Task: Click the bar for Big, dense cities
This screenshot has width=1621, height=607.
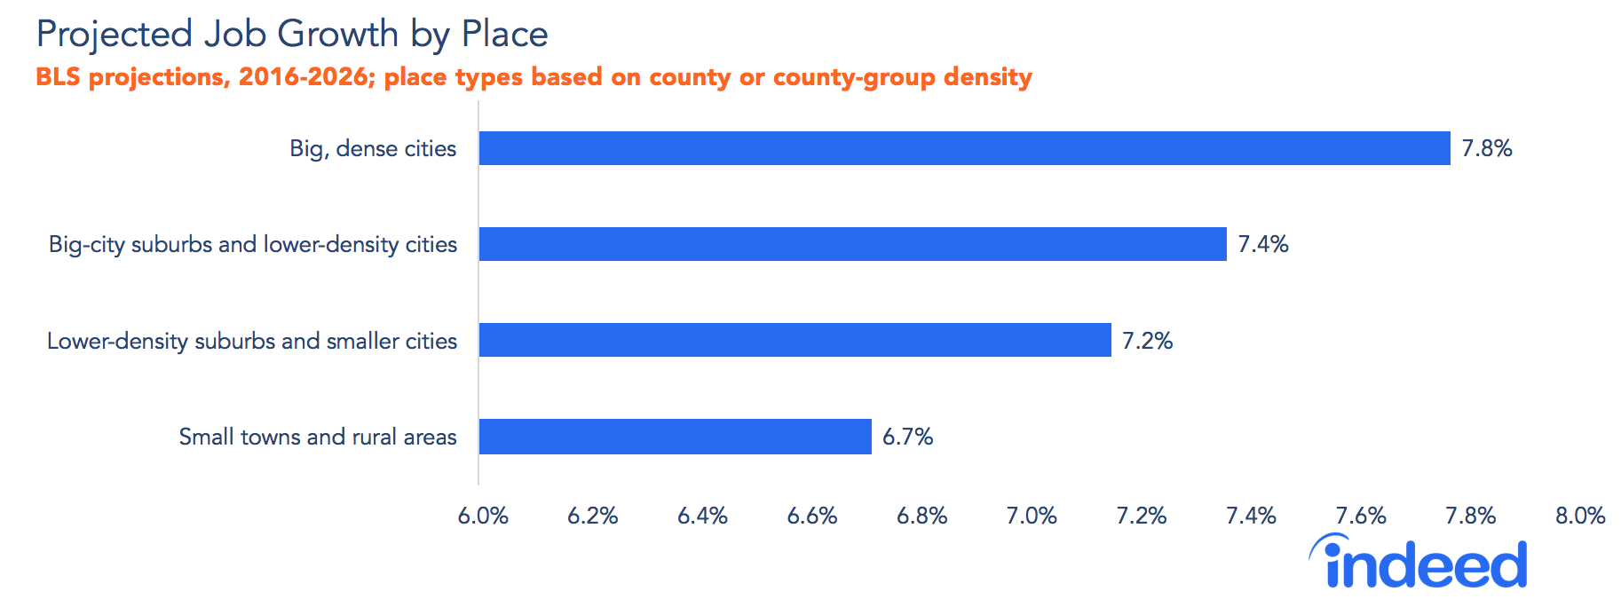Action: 964,148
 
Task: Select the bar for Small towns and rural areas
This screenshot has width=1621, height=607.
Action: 675,437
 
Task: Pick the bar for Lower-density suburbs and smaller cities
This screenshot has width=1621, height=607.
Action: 795,340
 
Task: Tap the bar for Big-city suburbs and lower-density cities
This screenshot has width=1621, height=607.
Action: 852,244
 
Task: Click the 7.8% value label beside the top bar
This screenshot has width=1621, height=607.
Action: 1486,148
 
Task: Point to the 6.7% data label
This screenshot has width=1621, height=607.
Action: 907,437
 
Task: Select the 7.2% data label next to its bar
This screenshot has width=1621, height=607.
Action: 1147,341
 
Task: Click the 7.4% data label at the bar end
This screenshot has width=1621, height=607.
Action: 1262,244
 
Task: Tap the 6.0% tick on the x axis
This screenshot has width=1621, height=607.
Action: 483,516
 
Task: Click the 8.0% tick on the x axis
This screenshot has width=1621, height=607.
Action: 1579,516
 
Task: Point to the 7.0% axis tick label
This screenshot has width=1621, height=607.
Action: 1031,516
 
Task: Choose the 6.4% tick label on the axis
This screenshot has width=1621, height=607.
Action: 702,516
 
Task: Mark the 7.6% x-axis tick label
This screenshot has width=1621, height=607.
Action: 1360,516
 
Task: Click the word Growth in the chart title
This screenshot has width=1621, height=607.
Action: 337,35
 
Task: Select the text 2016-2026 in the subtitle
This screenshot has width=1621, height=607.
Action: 302,77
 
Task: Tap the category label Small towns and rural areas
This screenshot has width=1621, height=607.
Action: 317,437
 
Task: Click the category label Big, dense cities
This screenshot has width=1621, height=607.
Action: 373,148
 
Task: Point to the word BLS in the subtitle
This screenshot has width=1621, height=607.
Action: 58,77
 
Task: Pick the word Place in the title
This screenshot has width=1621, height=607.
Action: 504,35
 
